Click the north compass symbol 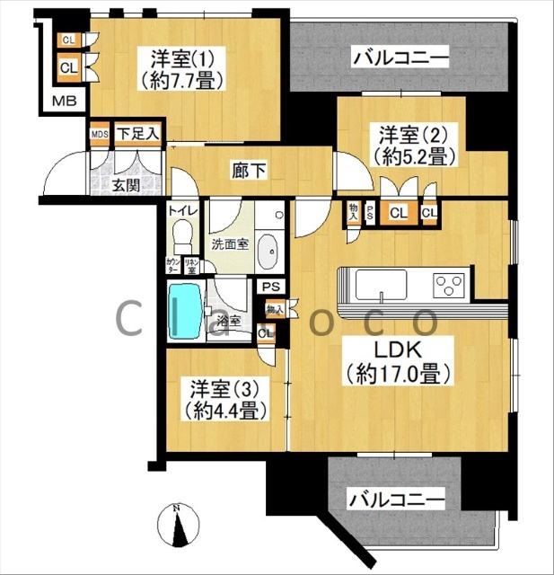[x=177, y=526]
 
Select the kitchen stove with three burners [x=449, y=286]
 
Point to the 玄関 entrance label [x=125, y=186]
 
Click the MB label [x=64, y=100]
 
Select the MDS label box [x=100, y=135]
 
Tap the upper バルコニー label [x=400, y=60]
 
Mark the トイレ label [x=180, y=211]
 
